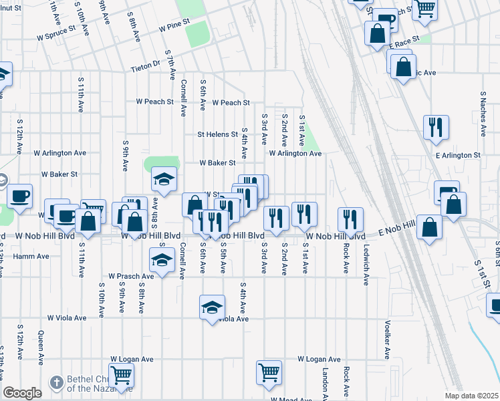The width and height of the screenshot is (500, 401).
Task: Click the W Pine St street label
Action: [174, 29]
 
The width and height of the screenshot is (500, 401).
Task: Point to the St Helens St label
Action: [217, 134]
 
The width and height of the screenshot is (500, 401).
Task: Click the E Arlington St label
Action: [458, 155]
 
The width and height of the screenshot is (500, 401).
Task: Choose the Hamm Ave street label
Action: [31, 256]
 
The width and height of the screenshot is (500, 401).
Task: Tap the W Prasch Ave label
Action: [132, 276]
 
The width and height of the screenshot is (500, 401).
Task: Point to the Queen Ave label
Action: [41, 348]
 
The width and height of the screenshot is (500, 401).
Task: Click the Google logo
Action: [23, 393]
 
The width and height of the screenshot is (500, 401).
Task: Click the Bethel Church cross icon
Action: [56, 382]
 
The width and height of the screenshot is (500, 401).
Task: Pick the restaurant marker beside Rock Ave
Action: [350, 219]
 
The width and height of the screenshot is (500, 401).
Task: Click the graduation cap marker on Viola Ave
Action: [212, 307]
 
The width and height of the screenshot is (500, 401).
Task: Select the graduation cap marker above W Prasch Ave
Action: [161, 261]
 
